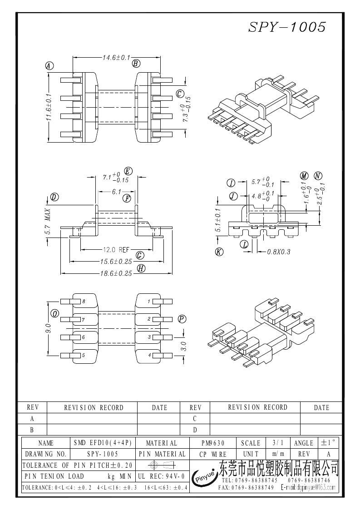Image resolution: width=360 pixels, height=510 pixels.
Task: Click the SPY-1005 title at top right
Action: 287,27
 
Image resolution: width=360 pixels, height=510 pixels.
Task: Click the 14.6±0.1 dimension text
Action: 116,58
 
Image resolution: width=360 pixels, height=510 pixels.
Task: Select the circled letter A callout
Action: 49,65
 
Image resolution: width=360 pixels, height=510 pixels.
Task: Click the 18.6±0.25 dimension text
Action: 116,273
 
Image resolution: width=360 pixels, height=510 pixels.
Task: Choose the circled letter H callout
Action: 141,268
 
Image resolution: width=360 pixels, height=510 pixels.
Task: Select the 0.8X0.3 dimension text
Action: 278,251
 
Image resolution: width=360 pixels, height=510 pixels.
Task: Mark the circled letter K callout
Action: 219,252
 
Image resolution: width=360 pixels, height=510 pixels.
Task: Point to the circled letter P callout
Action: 182,319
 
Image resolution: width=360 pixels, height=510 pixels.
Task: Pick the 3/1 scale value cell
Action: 276,443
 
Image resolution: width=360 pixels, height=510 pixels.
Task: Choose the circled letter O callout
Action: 54,314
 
